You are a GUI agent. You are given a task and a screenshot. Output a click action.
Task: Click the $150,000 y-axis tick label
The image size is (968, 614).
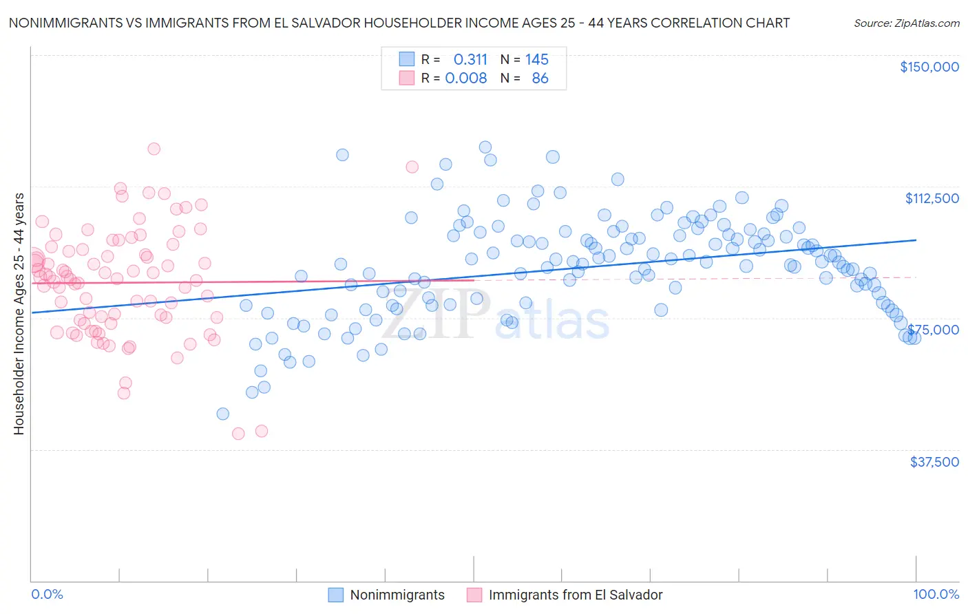[x=929, y=67]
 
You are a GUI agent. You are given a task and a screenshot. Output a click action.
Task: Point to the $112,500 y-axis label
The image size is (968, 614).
[x=932, y=198]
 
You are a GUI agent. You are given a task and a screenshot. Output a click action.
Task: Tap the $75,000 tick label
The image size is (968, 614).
[x=933, y=330]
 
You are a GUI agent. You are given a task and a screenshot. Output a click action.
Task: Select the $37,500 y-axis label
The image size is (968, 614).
[x=934, y=462]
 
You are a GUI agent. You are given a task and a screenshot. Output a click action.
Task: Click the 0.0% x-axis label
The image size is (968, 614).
[x=47, y=595]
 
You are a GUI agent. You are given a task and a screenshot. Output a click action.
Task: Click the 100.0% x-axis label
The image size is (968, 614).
[x=936, y=595]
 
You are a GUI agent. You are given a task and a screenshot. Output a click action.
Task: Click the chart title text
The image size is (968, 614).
[x=399, y=23]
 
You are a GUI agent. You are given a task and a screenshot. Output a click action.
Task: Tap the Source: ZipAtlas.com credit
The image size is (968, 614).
[x=906, y=23]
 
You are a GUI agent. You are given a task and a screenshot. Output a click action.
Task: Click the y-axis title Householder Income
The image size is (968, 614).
[x=19, y=313]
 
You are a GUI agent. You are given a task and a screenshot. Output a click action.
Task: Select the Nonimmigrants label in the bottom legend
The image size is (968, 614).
[x=397, y=595]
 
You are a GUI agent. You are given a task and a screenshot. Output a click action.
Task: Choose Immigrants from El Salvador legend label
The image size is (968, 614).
[x=576, y=595]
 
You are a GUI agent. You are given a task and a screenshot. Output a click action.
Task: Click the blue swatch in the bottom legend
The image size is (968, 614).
[x=335, y=595]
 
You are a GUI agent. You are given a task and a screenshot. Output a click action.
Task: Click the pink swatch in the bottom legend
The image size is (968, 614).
[x=474, y=595]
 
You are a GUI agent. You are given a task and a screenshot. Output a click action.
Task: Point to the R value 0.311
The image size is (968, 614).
[x=470, y=59]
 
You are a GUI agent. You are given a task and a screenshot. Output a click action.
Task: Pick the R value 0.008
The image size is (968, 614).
[x=466, y=78]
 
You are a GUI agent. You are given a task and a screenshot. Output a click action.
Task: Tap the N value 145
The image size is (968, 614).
[x=537, y=59]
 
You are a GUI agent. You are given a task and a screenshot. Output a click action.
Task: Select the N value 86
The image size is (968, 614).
[x=540, y=78]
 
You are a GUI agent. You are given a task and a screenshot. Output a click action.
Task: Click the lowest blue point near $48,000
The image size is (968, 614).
[x=222, y=414]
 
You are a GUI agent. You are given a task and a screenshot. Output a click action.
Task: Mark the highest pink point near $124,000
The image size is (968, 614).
[x=154, y=149]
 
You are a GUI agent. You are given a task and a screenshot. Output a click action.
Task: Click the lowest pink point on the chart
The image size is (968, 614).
[x=238, y=434]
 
